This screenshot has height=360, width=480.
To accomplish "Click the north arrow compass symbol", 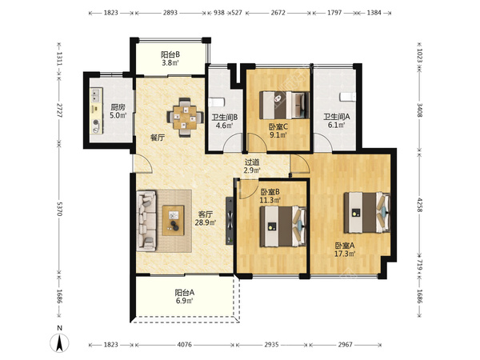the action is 59,341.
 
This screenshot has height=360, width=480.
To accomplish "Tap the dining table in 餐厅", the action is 186,118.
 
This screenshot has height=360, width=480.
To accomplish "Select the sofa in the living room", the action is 146,221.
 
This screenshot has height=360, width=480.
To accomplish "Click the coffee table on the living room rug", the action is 173,221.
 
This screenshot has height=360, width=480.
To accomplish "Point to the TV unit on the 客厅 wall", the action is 230,221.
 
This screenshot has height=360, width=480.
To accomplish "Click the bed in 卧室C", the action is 284,106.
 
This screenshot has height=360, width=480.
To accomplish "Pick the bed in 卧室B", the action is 283,226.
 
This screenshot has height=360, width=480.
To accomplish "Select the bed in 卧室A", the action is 366,213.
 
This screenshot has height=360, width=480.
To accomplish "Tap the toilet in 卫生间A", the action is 347,97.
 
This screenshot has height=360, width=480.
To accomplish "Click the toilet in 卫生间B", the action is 216,102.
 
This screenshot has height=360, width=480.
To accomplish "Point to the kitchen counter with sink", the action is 97,110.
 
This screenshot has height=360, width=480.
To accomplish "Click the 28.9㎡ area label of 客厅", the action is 206,222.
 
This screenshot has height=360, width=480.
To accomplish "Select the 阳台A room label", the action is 184,293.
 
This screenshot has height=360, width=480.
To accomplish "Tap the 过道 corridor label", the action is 252,162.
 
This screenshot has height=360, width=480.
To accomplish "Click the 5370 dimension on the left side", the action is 59,208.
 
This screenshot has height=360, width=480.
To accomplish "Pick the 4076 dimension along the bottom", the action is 184,345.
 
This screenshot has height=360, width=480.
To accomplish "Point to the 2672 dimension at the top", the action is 278,13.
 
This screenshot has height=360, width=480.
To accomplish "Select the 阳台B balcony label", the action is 170,54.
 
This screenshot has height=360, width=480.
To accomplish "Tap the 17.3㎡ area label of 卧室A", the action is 345,254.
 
